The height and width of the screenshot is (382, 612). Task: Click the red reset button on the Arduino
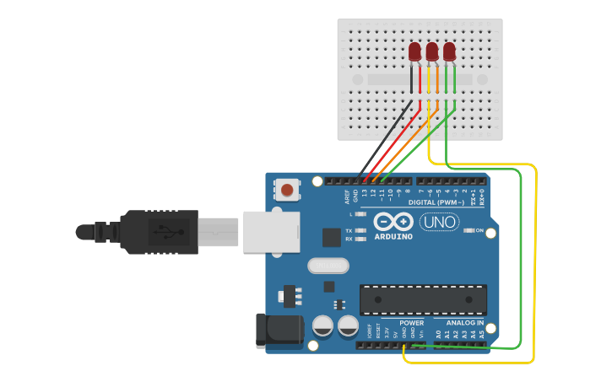pyautogui.click(x=288, y=190)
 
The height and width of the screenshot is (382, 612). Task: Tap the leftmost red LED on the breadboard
pyautogui.click(x=414, y=52)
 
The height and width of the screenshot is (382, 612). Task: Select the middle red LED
pyautogui.click(x=432, y=52)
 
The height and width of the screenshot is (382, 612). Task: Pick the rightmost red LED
pyautogui.click(x=449, y=52)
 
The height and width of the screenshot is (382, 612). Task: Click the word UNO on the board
pyautogui.click(x=439, y=223)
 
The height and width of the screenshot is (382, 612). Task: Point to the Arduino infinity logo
pyautogui.click(x=393, y=222)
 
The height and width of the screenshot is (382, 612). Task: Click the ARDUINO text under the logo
pyautogui.click(x=393, y=237)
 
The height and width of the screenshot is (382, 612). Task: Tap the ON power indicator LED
pyautogui.click(x=469, y=230)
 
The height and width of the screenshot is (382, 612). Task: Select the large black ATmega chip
pyautogui.click(x=423, y=299)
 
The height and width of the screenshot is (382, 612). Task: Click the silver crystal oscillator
pyautogui.click(x=328, y=266)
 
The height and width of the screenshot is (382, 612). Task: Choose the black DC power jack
pyautogui.click(x=279, y=330)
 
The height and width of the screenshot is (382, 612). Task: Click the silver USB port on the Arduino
pyautogui.click(x=271, y=232)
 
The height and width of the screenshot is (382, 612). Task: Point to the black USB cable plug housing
pyautogui.click(x=160, y=231)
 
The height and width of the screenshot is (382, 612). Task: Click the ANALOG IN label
pyautogui.click(x=464, y=323)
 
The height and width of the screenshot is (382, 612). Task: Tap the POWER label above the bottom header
pyautogui.click(x=411, y=323)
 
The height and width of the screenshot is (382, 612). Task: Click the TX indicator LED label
pyautogui.click(x=349, y=230)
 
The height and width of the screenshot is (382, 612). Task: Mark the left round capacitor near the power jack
pyautogui.click(x=322, y=326)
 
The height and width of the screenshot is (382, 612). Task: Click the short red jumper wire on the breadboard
pyautogui.click(x=420, y=80)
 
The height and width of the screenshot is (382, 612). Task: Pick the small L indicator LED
pyautogui.click(x=360, y=214)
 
